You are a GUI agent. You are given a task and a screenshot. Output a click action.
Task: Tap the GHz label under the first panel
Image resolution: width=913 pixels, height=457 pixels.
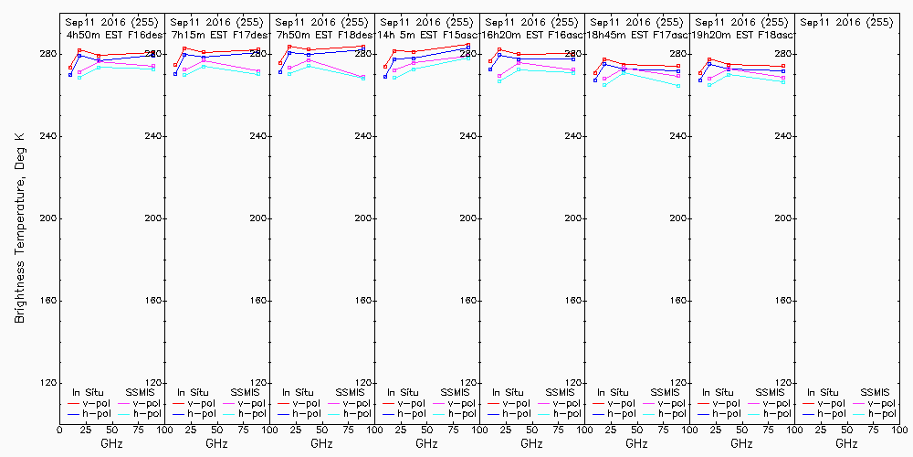point(111,443)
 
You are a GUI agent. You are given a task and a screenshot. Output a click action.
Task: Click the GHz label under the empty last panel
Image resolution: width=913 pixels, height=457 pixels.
point(846,443)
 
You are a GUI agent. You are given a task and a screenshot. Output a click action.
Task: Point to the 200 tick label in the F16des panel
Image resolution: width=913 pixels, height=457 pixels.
point(153,218)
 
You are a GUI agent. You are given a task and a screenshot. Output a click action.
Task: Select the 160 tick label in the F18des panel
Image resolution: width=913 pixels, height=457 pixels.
point(363,301)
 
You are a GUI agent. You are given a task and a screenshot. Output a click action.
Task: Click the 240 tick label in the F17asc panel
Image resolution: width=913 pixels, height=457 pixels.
point(678,136)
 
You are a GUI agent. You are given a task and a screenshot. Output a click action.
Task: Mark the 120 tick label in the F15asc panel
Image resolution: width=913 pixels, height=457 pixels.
point(468,383)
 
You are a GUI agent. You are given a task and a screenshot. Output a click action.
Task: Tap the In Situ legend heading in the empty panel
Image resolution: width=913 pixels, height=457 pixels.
point(817,392)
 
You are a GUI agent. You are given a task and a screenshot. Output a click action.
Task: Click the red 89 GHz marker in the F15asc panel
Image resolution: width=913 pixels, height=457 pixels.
point(467,45)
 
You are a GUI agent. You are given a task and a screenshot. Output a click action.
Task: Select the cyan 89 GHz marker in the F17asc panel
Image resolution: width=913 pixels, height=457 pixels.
point(678,86)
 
